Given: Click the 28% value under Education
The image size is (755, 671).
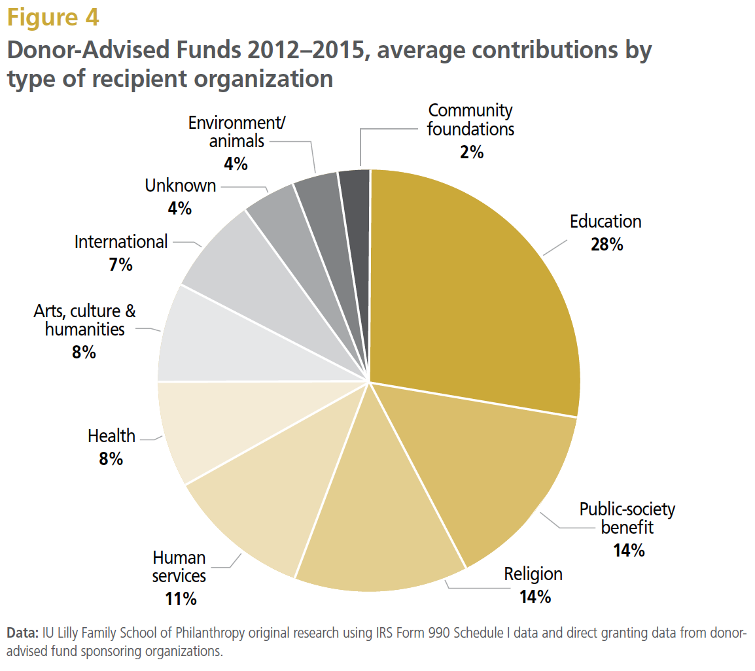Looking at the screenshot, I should pyautogui.click(x=605, y=245).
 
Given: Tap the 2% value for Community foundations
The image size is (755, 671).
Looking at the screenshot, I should pyautogui.click(x=470, y=152).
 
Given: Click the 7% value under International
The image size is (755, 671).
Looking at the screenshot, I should pyautogui.click(x=121, y=265).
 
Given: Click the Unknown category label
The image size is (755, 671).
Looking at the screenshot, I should pyautogui.click(x=181, y=186).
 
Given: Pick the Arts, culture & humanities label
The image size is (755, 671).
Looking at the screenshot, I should pyautogui.click(x=85, y=320).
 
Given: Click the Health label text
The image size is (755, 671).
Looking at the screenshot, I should pyautogui.click(x=112, y=436).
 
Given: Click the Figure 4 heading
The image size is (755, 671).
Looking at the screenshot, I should pyautogui.click(x=53, y=18).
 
